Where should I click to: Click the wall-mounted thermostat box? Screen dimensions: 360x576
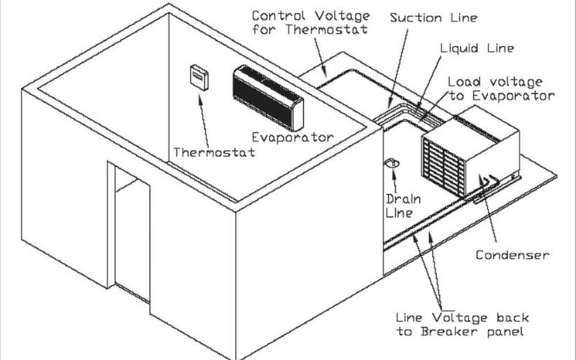(198, 76)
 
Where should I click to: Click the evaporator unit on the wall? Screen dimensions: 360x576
(268, 97)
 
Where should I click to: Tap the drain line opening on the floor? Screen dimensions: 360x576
(393, 164)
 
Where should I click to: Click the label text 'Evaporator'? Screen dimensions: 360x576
(292, 137)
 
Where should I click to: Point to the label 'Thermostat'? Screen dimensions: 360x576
(214, 153)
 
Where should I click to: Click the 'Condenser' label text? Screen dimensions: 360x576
(513, 255)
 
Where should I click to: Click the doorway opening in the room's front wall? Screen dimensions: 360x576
(130, 230)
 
